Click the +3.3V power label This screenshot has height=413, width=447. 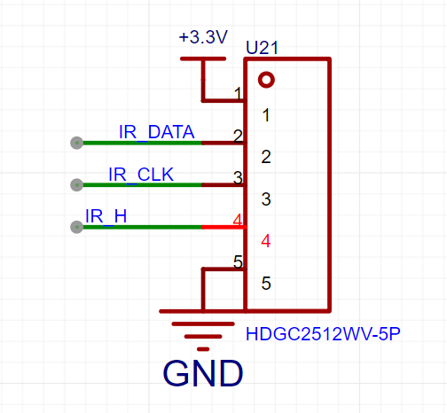click(x=203, y=37)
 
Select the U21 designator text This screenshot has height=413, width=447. click(x=262, y=47)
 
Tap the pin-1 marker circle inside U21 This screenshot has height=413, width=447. click(x=266, y=80)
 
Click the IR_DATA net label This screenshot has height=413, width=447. click(x=156, y=132)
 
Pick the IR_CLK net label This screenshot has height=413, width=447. click(x=141, y=175)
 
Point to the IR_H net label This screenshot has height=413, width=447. click(x=106, y=216)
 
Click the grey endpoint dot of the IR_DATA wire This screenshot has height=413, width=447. click(x=77, y=143)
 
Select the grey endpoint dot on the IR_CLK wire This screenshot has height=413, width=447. click(x=77, y=185)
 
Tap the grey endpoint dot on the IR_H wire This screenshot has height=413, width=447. click(x=77, y=227)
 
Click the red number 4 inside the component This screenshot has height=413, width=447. click(x=266, y=241)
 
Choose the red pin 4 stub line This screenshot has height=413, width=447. click(x=224, y=227)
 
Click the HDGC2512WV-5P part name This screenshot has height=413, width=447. click(x=323, y=334)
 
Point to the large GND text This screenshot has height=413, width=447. click(x=203, y=373)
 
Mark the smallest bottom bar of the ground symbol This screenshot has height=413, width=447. click(x=203, y=349)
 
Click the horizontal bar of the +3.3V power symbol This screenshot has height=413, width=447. click(x=203, y=58)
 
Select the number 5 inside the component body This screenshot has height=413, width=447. click(x=266, y=283)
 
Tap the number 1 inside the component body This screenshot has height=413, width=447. click(x=266, y=115)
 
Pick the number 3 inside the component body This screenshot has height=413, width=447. click(x=266, y=199)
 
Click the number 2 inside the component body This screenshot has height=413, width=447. click(x=266, y=157)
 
